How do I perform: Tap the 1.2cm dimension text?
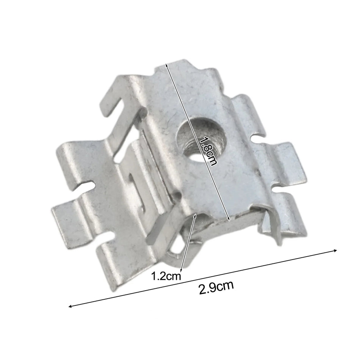pyautogui.click(x=166, y=276)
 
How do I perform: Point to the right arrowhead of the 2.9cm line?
pyautogui.click(x=335, y=250)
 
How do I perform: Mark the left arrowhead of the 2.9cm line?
pyautogui.click(x=70, y=306)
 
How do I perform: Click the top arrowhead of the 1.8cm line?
pyautogui.click(x=166, y=65)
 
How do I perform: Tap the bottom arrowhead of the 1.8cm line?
pyautogui.click(x=228, y=219)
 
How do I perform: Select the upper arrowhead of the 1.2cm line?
pyautogui.click(x=195, y=215)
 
